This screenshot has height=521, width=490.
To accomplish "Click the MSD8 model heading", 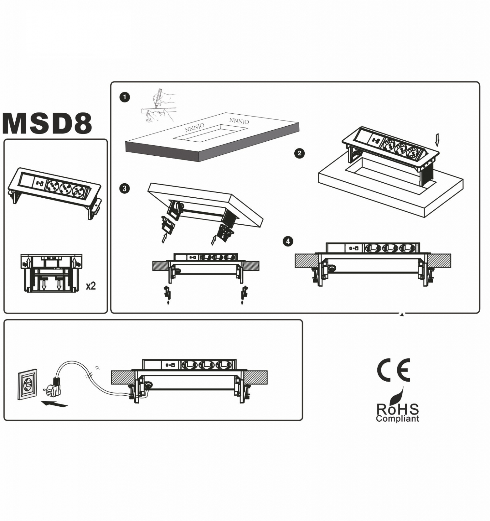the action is pyautogui.click(x=47, y=123).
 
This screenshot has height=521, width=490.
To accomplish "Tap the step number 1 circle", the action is pyautogui.click(x=125, y=97).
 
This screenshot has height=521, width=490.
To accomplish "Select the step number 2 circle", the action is pyautogui.click(x=300, y=153).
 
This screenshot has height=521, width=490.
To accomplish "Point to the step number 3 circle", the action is pyautogui.click(x=125, y=189).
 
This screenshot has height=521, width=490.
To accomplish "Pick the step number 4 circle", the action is pyautogui.click(x=288, y=241).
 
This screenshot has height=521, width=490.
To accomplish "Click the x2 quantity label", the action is pyautogui.click(x=91, y=286).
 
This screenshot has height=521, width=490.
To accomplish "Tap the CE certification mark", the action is pyautogui.click(x=394, y=370).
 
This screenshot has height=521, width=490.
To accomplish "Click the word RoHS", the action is pyautogui.click(x=398, y=409).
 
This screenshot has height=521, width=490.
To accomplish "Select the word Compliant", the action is pyautogui.click(x=398, y=419).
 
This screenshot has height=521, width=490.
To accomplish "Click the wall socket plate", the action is pyautogui.click(x=27, y=384).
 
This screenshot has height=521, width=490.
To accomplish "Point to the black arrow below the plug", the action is pyautogui.click(x=54, y=404).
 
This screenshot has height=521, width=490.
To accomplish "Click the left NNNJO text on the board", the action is pyautogui.click(x=194, y=128).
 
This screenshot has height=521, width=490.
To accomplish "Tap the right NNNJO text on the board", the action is pyautogui.click(x=239, y=121).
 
